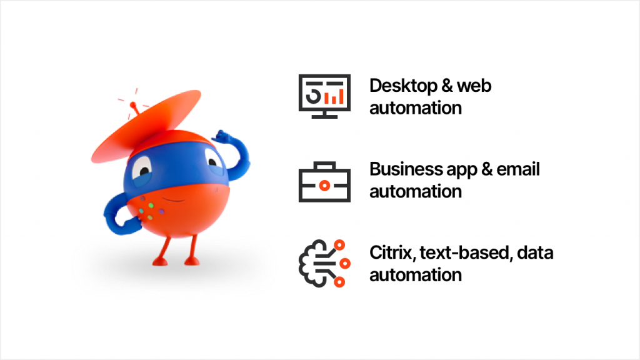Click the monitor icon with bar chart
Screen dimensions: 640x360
(x=324, y=96)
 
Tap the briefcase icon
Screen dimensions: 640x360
(x=324, y=182)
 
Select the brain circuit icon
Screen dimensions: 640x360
(x=324, y=264)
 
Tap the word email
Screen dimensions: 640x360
(x=518, y=169)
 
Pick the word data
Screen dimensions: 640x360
(x=535, y=252)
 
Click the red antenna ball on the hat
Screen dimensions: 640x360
(x=133, y=105)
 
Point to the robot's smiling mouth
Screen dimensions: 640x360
(x=175, y=199)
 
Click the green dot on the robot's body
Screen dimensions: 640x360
(x=151, y=205)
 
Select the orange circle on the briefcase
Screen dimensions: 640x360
(x=324, y=186)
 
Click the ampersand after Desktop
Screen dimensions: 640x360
(x=447, y=86)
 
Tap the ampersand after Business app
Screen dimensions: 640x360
(x=486, y=169)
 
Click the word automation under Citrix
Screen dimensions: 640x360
(x=416, y=275)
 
